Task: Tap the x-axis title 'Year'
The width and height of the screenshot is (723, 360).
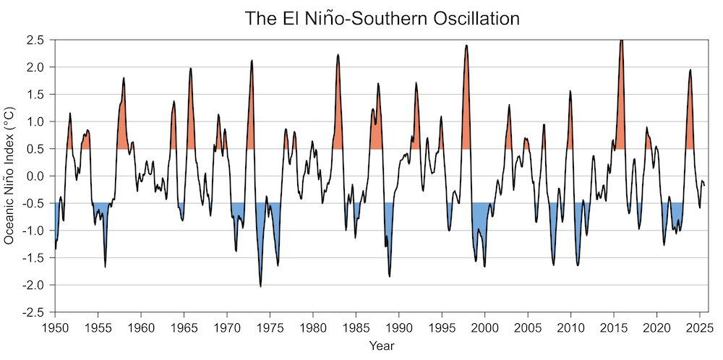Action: coord(380,346)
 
